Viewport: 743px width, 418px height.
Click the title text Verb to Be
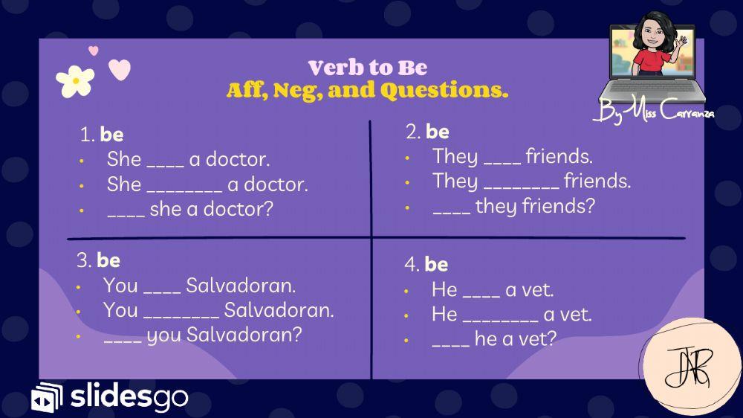368,68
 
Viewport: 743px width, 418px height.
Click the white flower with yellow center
74,81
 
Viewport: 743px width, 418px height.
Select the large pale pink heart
119,70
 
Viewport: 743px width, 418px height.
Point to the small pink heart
94,51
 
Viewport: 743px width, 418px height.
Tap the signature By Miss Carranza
653,114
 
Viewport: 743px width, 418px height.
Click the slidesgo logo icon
47,398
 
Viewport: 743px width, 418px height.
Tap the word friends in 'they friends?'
558,206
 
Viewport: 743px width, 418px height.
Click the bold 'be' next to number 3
108,260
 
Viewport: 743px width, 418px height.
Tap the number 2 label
413,132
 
